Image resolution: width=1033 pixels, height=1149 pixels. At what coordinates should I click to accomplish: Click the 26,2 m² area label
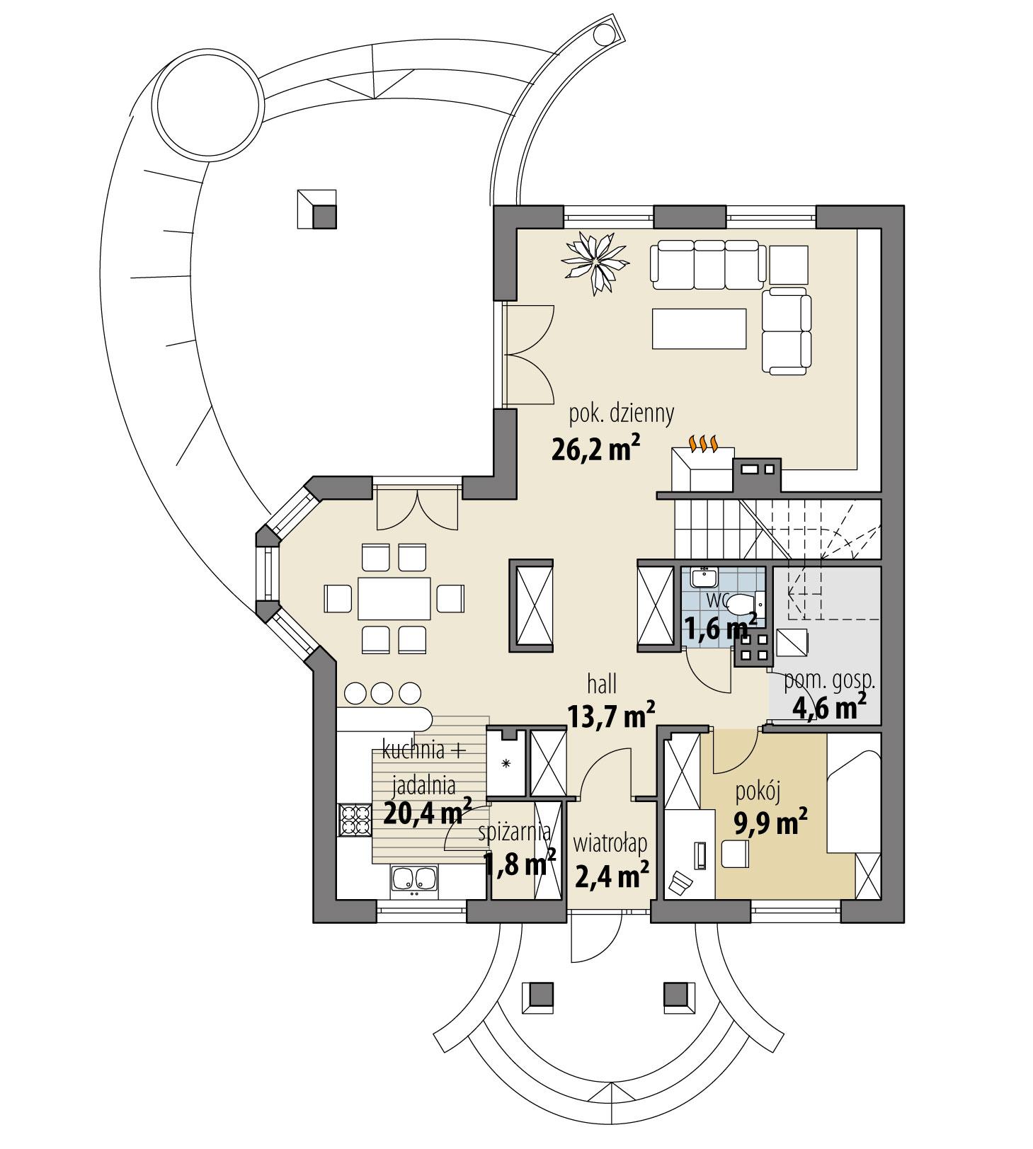click(x=595, y=450)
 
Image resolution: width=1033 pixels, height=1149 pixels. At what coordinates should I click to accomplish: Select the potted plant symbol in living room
click(x=595, y=262)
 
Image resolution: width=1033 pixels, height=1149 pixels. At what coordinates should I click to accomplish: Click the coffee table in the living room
click(x=699, y=328)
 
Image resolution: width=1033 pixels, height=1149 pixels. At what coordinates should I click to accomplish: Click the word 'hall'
click(x=602, y=685)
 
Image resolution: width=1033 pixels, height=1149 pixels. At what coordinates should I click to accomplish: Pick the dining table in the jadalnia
click(x=394, y=599)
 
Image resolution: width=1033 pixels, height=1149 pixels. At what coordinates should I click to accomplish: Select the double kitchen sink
click(x=414, y=879)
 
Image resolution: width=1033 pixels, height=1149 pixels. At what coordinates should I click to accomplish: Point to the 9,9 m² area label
click(x=769, y=823)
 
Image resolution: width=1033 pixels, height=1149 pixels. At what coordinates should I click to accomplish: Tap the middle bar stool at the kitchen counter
click(x=381, y=692)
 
